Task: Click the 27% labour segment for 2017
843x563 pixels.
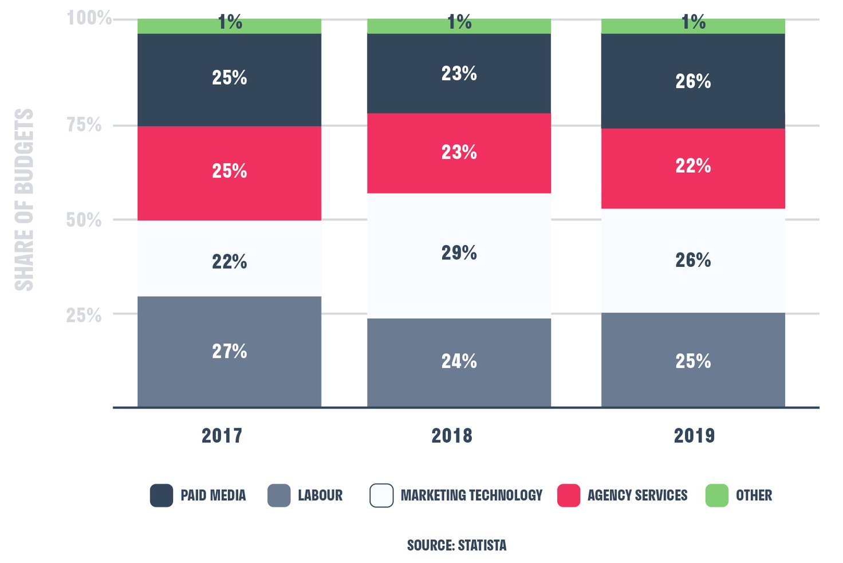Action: (x=229, y=351)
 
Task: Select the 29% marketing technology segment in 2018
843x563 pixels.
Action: (x=459, y=255)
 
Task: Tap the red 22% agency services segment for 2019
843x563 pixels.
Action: (x=693, y=168)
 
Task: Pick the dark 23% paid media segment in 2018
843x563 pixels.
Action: (x=459, y=73)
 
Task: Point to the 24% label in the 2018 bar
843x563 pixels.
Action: (x=459, y=361)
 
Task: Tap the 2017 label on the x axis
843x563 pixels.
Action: (x=222, y=436)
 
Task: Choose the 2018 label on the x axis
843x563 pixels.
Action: (x=452, y=436)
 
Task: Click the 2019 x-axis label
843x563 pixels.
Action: (x=694, y=436)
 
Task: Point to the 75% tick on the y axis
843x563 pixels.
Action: (x=84, y=125)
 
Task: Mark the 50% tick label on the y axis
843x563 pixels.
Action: (x=84, y=220)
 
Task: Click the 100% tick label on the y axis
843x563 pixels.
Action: (x=89, y=18)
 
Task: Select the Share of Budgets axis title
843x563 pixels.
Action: (x=24, y=199)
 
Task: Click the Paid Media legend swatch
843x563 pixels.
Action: (x=161, y=495)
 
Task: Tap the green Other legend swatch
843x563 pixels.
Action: (x=717, y=495)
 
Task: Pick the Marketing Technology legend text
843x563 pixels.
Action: (x=471, y=495)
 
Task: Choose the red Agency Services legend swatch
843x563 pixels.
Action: (x=569, y=495)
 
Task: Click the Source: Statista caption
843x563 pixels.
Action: (x=456, y=545)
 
